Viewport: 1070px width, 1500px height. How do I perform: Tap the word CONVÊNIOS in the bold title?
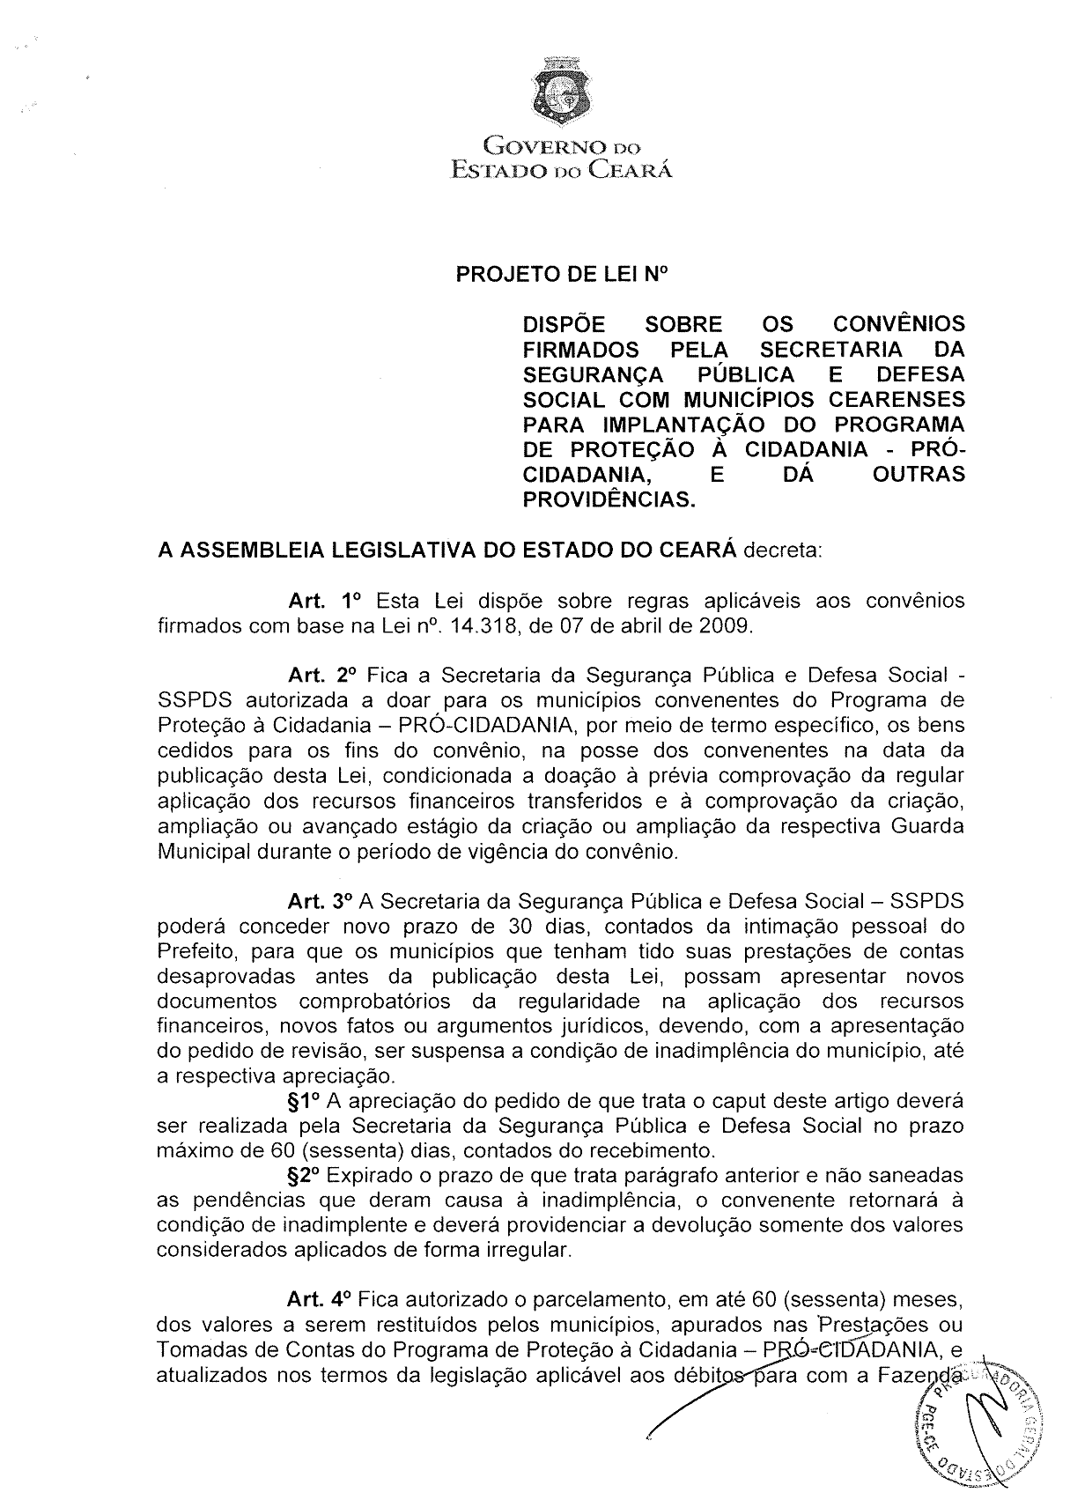click(x=897, y=325)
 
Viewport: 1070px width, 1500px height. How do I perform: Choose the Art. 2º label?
click(x=321, y=676)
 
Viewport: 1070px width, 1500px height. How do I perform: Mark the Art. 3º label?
click(x=321, y=902)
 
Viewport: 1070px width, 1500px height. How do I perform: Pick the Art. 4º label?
click(x=321, y=1299)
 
